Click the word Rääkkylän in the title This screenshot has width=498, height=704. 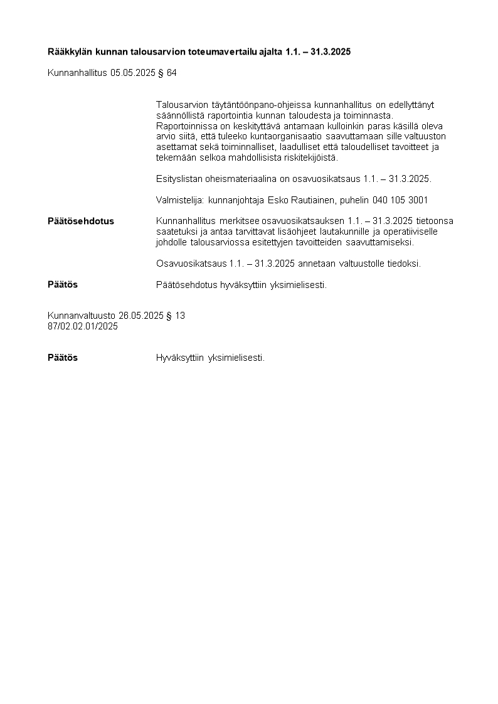coord(70,51)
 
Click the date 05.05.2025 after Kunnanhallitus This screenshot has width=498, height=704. coord(132,73)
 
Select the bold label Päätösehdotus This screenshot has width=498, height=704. coord(81,221)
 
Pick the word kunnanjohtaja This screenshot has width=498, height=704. coord(235,200)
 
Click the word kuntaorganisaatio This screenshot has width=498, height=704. coord(289,136)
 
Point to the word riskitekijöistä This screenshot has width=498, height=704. coord(308,157)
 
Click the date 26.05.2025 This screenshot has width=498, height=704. coord(141,316)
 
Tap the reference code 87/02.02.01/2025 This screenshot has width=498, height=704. coord(83,326)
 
